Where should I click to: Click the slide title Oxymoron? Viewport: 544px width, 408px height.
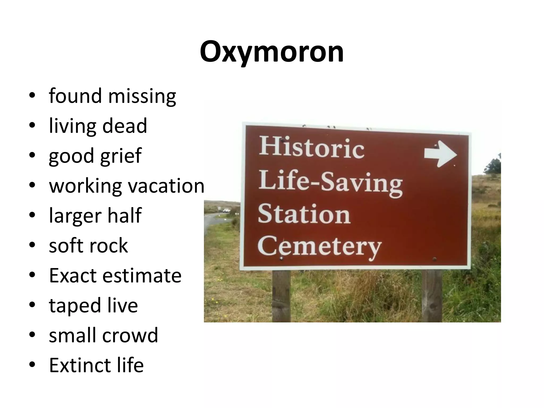tap(272, 52)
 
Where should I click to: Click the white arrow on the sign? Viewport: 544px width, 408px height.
tap(440, 154)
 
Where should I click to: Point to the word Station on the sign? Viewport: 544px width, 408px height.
tap(304, 214)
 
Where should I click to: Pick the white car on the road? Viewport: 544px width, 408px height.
tap(226, 210)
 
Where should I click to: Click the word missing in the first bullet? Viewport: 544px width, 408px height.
tap(142, 96)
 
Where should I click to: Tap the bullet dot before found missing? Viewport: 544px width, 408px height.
tap(32, 96)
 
